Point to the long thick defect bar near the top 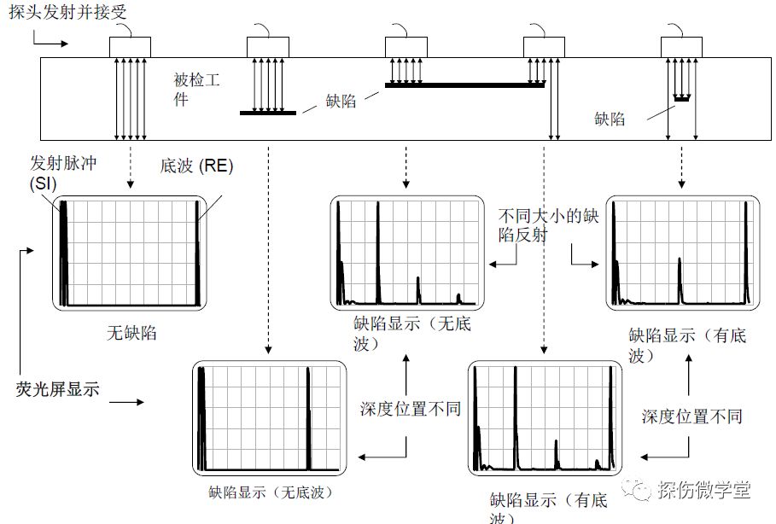tap(464, 85)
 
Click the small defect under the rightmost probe tap(680, 99)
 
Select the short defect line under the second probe tap(267, 113)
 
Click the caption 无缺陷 tap(131, 333)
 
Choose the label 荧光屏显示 tap(57, 390)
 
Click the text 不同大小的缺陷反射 tap(546, 226)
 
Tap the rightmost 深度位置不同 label tap(691, 416)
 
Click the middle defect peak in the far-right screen tap(680, 277)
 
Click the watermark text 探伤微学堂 tap(703, 490)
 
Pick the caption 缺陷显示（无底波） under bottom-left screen tap(270, 492)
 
